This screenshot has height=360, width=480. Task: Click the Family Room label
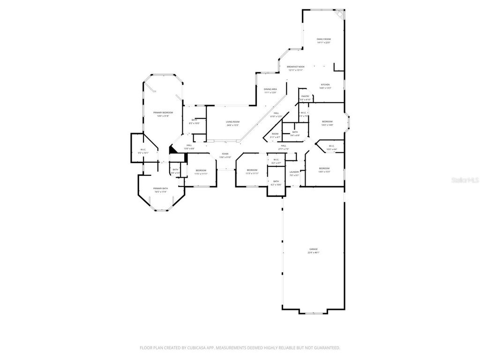tap(323, 39)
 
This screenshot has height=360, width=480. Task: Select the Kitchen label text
tap(325, 85)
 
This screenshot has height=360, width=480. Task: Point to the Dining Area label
tap(270, 89)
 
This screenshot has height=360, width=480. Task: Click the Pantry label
tap(305, 97)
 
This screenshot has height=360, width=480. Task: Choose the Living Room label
tap(232, 122)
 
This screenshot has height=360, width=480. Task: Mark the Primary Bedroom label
tap(163, 112)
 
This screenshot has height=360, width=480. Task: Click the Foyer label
tap(225, 154)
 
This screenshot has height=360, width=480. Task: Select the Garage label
tap(313, 249)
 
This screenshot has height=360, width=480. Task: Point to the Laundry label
tap(294, 172)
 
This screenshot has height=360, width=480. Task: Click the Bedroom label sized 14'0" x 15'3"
tap(324, 168)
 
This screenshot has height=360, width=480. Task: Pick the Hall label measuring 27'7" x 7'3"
tap(283, 146)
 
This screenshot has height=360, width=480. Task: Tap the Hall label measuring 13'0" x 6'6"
tap(189, 145)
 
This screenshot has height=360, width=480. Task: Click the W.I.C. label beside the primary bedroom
tap(142, 150)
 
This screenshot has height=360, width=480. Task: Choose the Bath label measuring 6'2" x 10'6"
tap(276, 181)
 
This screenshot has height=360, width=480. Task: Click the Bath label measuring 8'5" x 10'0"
tap(194, 120)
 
